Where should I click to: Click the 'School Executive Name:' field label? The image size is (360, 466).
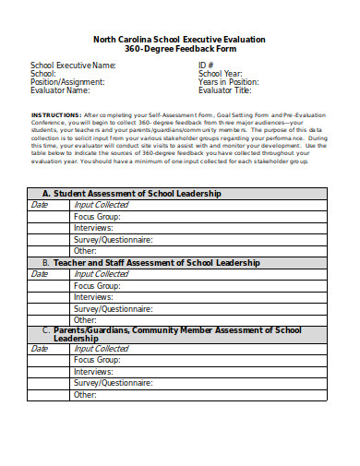point(74,66)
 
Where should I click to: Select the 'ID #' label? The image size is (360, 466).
point(206,66)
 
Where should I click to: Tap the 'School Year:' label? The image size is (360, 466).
point(221,74)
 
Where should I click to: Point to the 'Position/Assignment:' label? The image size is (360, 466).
point(67,82)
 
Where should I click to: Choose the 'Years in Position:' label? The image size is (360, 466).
point(229,82)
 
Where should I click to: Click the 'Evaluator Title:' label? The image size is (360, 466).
point(224,90)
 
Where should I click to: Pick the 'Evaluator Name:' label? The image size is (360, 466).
point(60,90)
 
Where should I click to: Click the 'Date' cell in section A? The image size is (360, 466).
point(39,205)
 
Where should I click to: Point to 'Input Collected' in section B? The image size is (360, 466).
point(102,274)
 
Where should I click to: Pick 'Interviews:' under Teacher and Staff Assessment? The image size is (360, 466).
point(93,297)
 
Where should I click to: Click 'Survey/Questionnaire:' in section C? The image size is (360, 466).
point(114,383)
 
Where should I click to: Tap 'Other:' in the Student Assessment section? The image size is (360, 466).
point(86,250)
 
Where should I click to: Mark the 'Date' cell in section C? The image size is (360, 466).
point(39,349)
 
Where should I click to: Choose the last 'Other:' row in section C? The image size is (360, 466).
point(86,394)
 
